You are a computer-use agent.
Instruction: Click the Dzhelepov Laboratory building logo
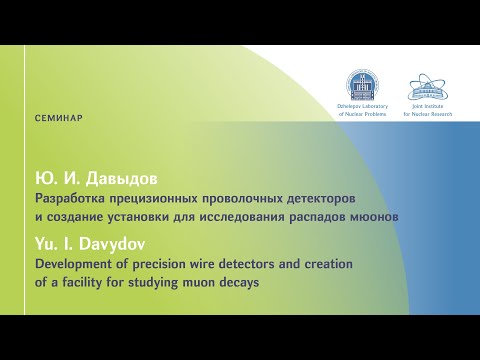(x=357, y=85)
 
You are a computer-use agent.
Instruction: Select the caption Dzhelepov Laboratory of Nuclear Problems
(x=357, y=110)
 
